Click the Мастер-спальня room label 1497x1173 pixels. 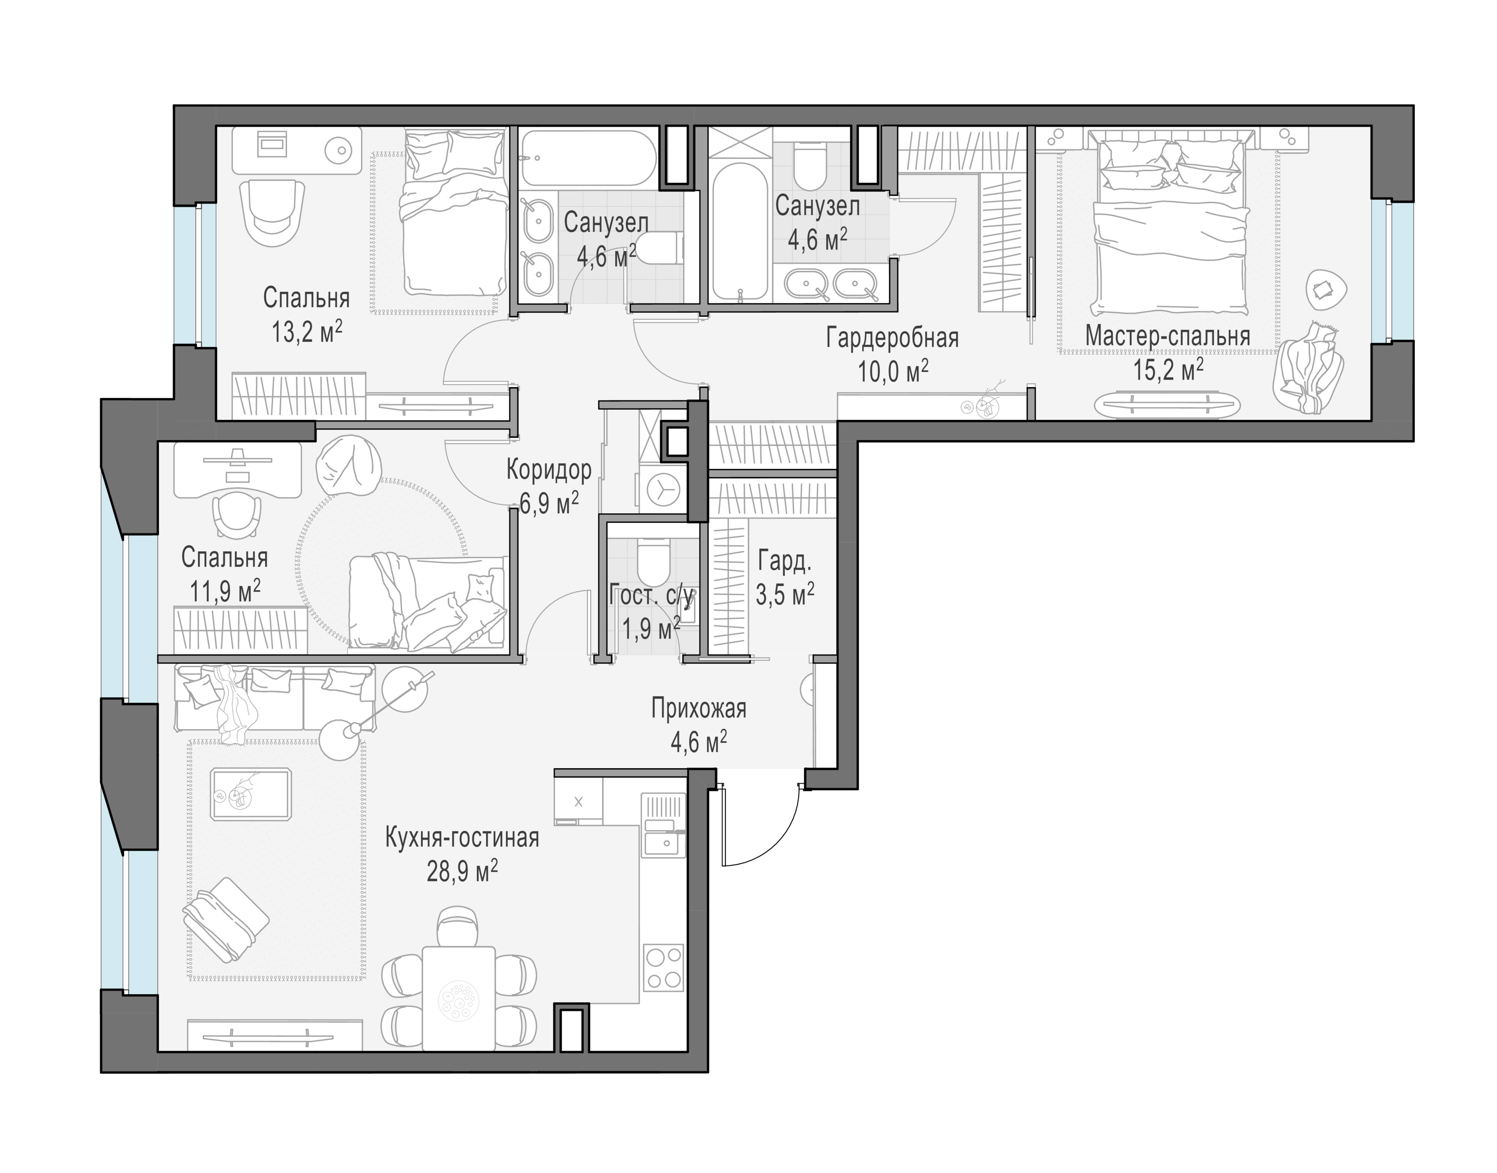(1168, 336)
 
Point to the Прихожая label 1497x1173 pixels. (698, 708)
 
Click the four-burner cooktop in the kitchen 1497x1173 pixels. (664, 967)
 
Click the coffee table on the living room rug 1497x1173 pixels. (251, 794)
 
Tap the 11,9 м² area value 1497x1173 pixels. (225, 591)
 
